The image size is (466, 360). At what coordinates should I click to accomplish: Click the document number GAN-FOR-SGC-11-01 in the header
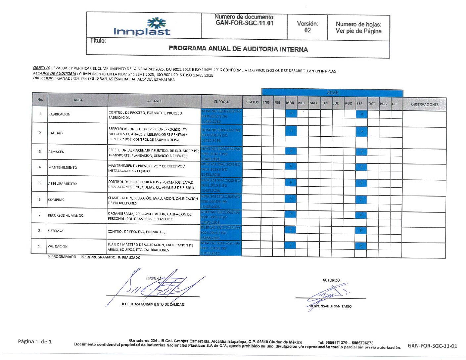244,23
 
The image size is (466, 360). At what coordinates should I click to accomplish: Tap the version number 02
307,30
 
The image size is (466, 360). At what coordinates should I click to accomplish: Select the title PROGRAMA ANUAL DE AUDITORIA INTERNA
238,49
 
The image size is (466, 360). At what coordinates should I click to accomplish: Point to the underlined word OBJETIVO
41,68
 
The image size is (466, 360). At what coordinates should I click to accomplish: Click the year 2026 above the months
332,93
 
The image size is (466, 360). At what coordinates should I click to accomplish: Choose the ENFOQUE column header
222,102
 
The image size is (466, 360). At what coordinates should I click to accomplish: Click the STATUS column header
252,102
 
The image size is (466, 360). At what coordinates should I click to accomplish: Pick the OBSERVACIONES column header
425,104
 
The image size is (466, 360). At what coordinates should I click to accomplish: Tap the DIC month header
395,104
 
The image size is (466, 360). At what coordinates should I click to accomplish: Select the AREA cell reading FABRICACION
60,114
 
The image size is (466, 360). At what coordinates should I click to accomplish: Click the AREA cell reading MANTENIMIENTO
63,167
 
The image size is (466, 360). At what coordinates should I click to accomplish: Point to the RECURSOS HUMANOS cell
65,215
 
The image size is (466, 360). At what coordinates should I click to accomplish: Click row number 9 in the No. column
39,246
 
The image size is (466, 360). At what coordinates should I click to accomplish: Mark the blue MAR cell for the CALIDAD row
291,131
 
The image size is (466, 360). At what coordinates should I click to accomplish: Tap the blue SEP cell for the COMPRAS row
361,200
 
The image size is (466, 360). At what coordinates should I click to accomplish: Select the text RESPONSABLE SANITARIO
331,306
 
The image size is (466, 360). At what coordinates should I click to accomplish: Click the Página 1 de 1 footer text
35,341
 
